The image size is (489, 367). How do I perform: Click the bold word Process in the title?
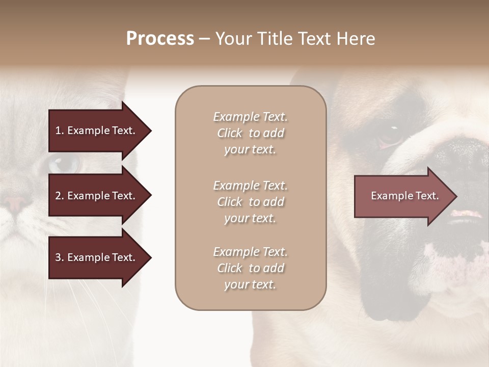(160, 39)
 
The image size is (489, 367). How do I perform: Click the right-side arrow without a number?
(405, 196)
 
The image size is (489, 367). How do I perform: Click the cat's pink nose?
(15, 203)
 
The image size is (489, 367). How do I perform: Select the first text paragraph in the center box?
(250, 133)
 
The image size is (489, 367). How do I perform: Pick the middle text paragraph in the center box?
(250, 202)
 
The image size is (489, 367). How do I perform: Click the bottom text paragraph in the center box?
(250, 268)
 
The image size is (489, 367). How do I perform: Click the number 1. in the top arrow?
(59, 130)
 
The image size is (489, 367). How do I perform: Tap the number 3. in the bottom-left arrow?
(59, 257)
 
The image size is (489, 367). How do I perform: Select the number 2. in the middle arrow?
(59, 196)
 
